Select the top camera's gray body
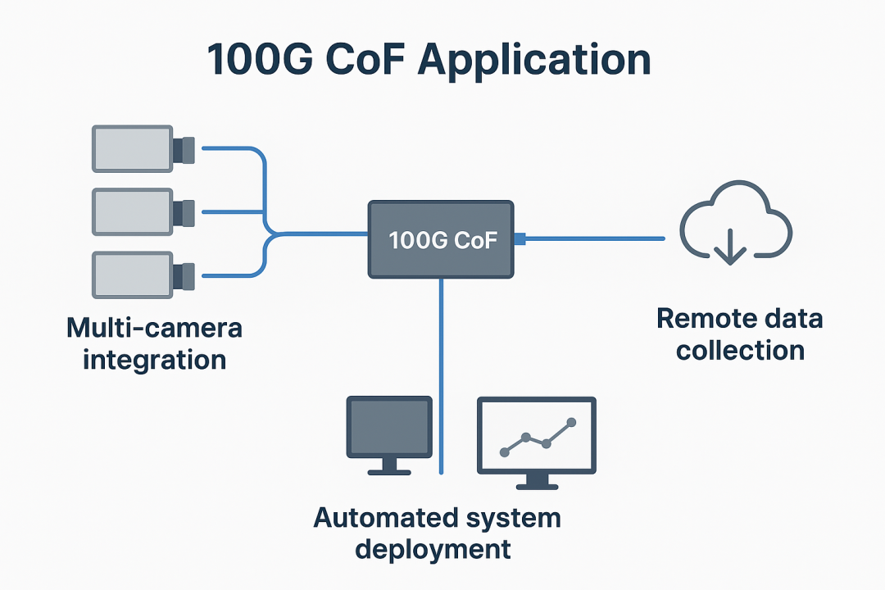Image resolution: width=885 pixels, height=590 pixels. point(132,148)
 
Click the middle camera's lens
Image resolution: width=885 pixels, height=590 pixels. point(184,212)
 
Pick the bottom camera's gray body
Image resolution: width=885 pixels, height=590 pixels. point(132,275)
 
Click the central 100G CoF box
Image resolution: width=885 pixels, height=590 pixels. point(441,238)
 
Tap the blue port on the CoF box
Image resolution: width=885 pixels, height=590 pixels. point(520,238)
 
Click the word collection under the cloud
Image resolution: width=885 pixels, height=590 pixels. point(741,351)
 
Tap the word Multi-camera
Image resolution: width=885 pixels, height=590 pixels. point(154,329)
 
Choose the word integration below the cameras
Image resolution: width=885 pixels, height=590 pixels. point(154,360)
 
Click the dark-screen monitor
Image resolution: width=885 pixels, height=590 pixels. point(389,427)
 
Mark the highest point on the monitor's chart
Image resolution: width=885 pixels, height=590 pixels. point(572,423)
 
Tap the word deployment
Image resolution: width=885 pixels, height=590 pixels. point(433,548)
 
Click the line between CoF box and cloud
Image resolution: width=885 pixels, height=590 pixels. point(594,238)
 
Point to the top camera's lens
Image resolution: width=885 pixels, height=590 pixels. point(184,149)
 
